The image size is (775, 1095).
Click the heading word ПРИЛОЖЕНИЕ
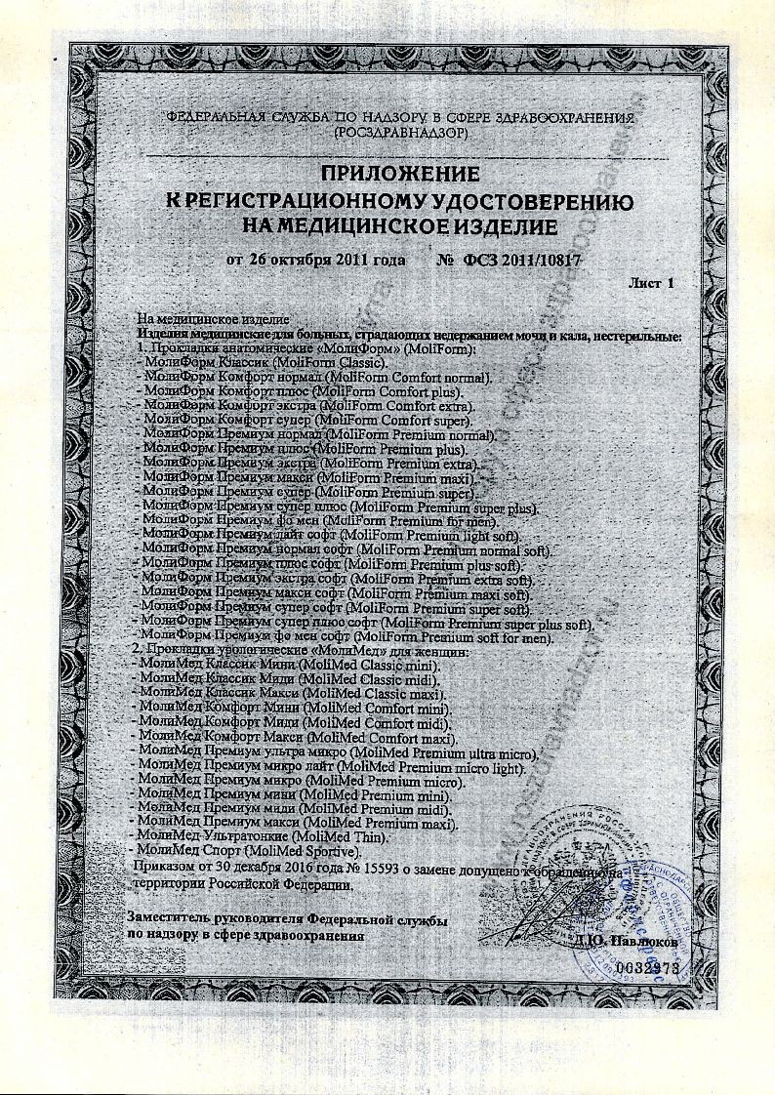click(400, 176)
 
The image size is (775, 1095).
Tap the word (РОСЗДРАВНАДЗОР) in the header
click(401, 130)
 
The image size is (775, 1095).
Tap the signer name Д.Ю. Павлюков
click(613, 943)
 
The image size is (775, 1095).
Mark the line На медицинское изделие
click(210, 320)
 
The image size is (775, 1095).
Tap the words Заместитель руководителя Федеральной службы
click(288, 919)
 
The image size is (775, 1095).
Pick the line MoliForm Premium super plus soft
click(367, 623)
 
